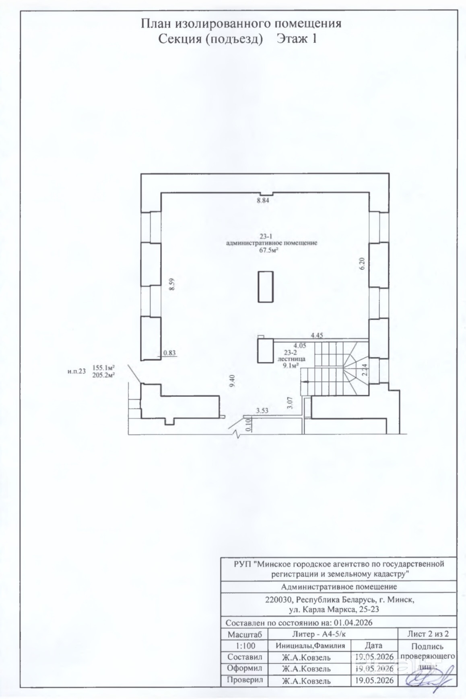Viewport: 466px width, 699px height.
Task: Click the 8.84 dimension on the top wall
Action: pos(263,200)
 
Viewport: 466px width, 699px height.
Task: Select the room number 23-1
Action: pos(266,237)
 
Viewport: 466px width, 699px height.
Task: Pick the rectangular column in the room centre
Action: pos(266,286)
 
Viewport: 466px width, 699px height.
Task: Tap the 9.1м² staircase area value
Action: pos(291,365)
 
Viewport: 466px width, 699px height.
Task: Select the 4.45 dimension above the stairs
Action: pos(316,335)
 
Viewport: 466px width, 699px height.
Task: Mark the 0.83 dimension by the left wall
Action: pos(169,353)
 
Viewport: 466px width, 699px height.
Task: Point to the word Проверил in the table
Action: pos(245,680)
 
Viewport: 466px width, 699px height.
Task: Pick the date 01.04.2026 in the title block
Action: pos(352,622)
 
